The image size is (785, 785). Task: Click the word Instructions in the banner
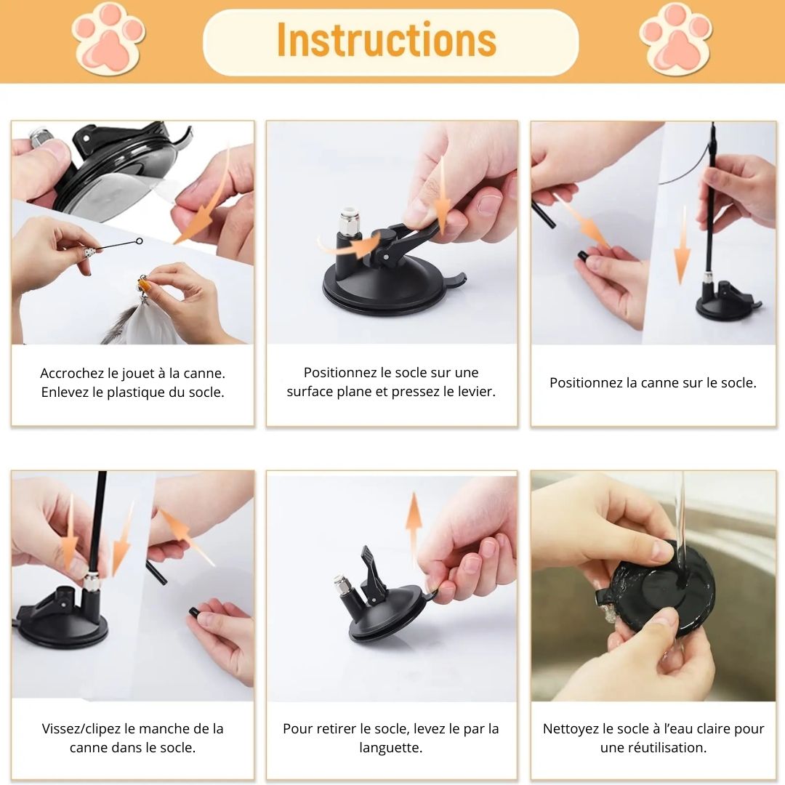[x=387, y=39]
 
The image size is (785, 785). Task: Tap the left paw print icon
[x=108, y=39]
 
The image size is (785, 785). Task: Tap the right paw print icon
[x=676, y=39]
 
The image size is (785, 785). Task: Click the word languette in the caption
[x=391, y=748]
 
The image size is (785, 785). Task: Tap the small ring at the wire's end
[x=139, y=241]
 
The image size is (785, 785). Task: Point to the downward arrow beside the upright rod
[x=682, y=245]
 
